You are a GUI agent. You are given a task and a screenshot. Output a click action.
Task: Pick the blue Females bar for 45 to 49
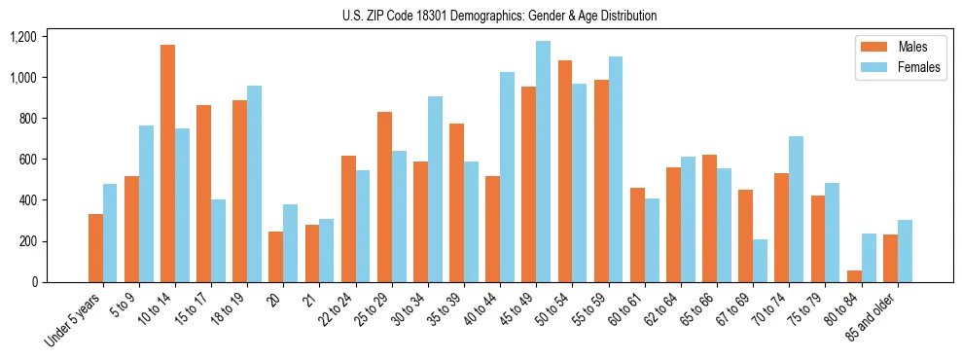(x=543, y=162)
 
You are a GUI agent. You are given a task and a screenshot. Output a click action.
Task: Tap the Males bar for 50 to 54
(x=565, y=171)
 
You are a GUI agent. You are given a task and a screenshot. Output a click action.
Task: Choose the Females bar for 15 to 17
(x=218, y=240)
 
